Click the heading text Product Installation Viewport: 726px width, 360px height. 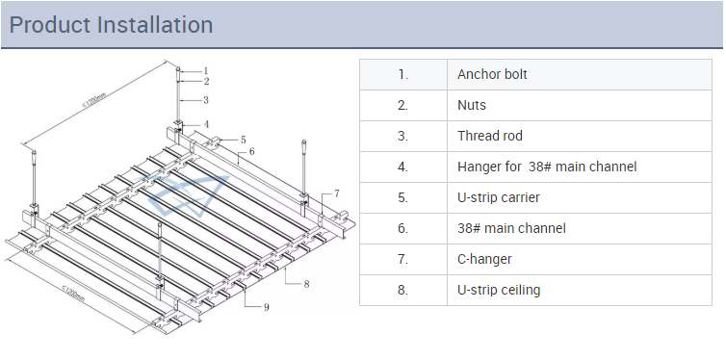111,24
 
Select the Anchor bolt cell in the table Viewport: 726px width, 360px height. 580,74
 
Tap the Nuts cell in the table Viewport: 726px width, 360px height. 580,105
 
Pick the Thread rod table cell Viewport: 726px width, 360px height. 580,136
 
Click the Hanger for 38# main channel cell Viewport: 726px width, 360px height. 580,167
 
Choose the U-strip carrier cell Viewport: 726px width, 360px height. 580,197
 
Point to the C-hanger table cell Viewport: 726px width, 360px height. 580,259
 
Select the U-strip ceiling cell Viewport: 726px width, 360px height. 580,290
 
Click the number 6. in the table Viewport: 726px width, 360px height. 402,228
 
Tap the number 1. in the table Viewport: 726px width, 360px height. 402,74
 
